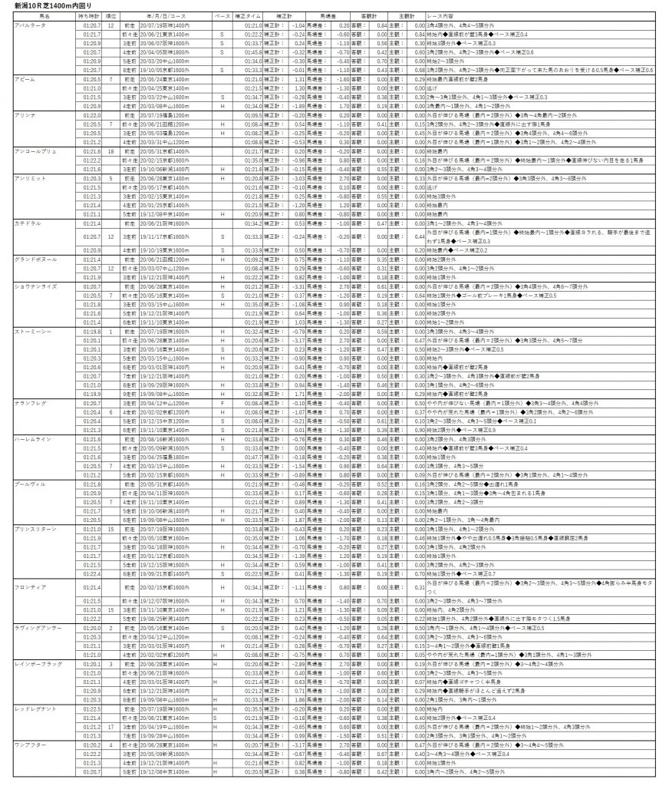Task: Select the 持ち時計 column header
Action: (89, 15)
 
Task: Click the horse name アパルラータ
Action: (31, 25)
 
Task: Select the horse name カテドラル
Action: (28, 223)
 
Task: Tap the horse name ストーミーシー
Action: (31, 331)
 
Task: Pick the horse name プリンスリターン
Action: (34, 529)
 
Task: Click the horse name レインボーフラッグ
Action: (35, 663)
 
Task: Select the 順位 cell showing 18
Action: (111, 151)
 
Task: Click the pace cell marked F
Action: (222, 402)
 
